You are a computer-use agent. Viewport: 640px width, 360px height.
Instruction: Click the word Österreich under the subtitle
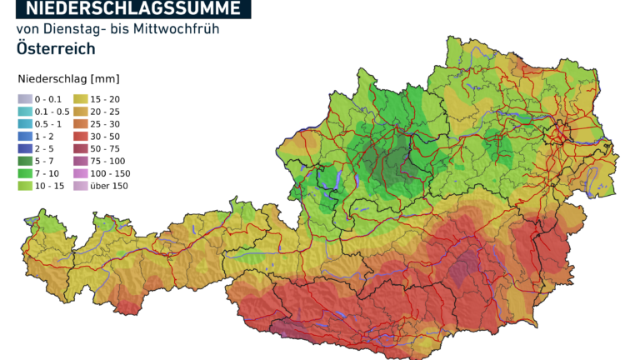point(56,48)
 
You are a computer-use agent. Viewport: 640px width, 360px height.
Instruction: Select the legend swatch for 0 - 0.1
point(24,99)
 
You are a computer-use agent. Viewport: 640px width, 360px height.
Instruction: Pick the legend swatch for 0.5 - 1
point(24,124)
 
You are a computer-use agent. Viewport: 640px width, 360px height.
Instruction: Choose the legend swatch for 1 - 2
point(24,137)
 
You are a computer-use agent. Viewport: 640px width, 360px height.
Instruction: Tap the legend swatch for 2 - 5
point(24,148)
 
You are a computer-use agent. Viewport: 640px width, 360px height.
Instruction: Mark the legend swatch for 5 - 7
point(24,161)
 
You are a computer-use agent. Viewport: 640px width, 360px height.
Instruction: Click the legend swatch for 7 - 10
point(24,173)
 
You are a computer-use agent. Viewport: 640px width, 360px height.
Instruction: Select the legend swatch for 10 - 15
point(24,186)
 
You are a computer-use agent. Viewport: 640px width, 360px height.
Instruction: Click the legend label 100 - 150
point(110,173)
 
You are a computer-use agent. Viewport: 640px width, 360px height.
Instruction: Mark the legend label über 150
point(108,186)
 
